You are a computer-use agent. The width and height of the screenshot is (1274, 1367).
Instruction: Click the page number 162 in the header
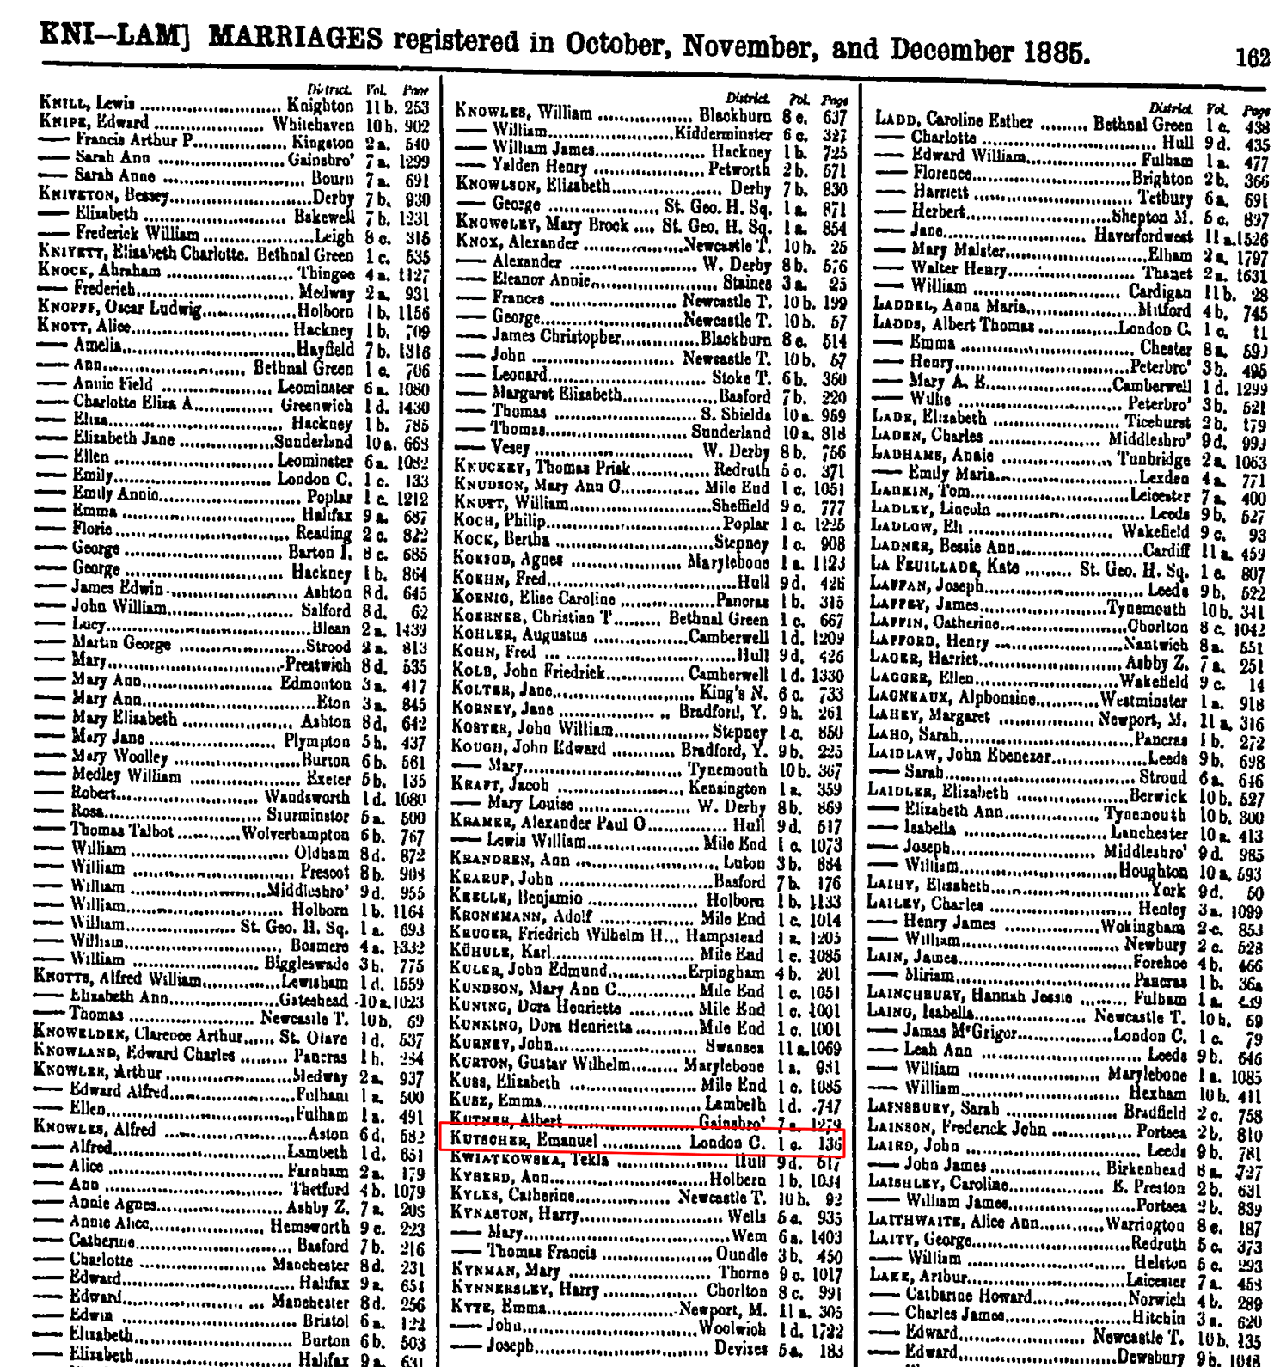point(1252,58)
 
